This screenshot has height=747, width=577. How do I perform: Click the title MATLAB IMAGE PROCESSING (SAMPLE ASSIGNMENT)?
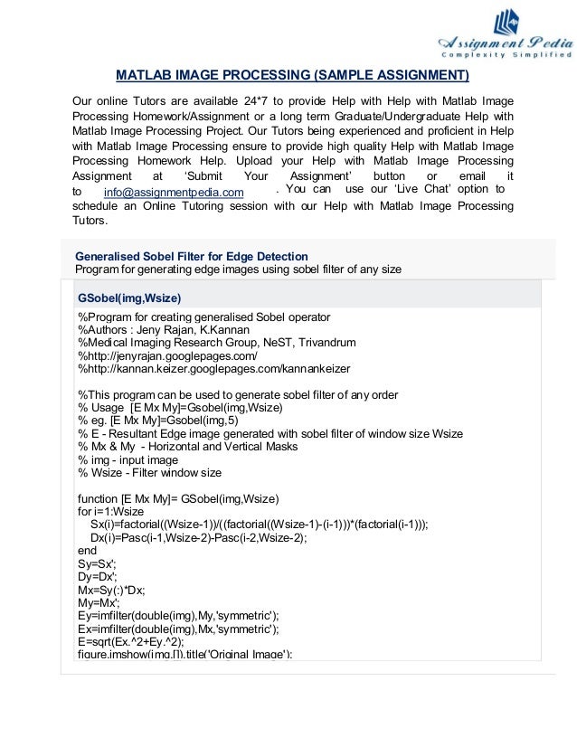293,74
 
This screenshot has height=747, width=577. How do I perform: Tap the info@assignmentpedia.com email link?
174,193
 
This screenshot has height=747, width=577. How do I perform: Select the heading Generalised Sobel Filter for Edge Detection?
191,256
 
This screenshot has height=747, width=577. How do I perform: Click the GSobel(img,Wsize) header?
129,298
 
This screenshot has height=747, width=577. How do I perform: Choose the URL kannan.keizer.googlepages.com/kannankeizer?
213,369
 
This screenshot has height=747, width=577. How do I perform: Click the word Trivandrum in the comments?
327,343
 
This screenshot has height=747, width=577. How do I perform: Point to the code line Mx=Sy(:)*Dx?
115,589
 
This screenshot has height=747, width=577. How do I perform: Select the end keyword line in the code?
87,550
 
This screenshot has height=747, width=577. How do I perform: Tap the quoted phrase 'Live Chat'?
420,189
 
